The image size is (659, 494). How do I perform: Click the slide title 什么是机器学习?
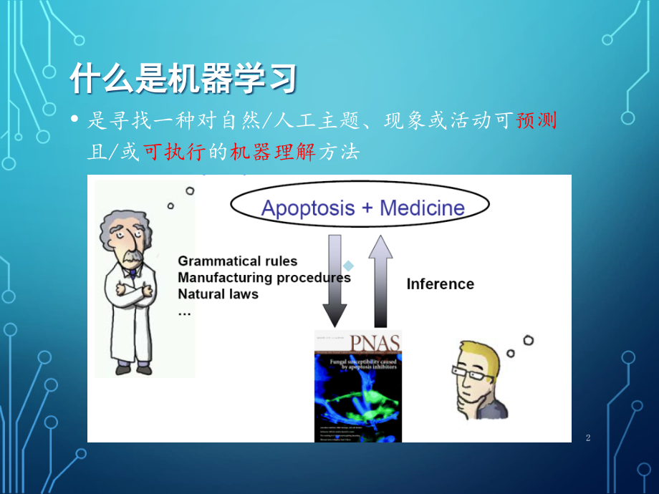pos(183,79)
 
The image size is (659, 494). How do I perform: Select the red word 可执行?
pos(173,152)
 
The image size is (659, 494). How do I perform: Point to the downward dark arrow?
pos(335,279)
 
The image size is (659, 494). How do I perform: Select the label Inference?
pos(440,284)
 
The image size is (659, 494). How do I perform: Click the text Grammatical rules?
pos(237,261)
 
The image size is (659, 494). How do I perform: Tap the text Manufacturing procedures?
pos(264,277)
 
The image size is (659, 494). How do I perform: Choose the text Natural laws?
pos(218,294)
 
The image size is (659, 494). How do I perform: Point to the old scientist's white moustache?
pos(131,258)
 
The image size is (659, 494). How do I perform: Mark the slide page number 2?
pos(588,437)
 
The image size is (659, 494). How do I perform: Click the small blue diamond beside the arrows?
pos(348,266)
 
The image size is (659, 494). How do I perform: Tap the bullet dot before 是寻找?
pos(74,121)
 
